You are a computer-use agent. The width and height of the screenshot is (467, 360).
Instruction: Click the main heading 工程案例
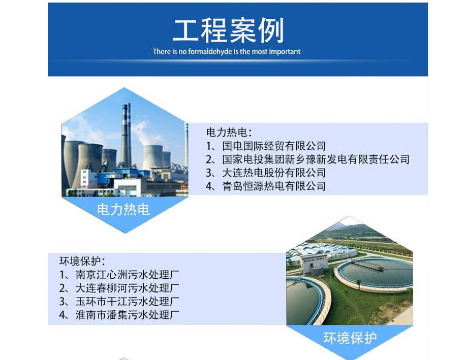[228, 30]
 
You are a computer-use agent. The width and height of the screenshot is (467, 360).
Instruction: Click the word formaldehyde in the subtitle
[210, 51]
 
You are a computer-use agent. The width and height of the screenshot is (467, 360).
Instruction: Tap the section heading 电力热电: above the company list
[229, 133]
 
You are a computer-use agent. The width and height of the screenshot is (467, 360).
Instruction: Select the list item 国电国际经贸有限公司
[274, 146]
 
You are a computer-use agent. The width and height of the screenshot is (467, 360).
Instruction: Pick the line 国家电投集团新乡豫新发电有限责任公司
[316, 159]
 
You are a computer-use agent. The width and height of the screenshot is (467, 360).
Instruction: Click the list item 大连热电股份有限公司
[274, 173]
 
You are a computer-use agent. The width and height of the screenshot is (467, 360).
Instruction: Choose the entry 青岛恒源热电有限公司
[274, 186]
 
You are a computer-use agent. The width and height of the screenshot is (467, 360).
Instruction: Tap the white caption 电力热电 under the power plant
[123, 210]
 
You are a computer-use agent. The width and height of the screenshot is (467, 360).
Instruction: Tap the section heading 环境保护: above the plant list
[82, 261]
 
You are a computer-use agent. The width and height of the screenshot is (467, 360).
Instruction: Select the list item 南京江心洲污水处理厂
[128, 274]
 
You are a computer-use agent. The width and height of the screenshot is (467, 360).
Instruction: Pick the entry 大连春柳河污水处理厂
[128, 288]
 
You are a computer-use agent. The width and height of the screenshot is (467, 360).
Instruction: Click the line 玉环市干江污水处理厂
[128, 302]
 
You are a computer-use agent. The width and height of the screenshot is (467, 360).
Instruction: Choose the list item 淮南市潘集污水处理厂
[128, 315]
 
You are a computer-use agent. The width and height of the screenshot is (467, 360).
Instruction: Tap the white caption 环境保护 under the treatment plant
[350, 338]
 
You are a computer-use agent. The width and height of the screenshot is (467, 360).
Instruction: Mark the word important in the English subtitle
[285, 52]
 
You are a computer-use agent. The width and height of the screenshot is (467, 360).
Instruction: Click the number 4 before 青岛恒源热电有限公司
[209, 186]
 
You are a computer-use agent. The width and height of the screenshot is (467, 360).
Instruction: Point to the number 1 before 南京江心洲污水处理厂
[62, 275]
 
